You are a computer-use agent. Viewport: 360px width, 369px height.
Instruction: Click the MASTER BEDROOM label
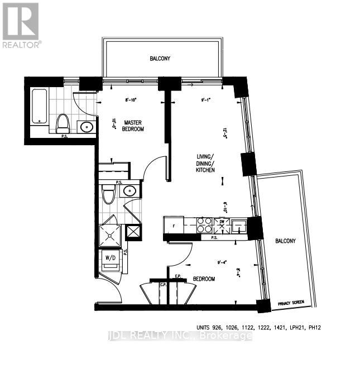[134, 126]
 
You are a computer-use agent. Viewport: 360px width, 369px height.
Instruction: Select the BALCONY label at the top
[160, 59]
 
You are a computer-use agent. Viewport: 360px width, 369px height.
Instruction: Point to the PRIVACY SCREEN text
[290, 303]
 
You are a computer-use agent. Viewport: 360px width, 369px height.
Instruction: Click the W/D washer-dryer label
[110, 258]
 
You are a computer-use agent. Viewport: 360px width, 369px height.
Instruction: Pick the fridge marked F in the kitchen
[174, 226]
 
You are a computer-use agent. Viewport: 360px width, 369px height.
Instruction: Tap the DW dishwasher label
[222, 222]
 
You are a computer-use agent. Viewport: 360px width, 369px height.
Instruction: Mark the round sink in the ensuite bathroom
[87, 127]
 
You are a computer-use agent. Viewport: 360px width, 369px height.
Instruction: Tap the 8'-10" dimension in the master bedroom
[131, 100]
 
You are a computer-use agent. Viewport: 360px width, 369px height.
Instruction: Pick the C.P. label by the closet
[165, 286]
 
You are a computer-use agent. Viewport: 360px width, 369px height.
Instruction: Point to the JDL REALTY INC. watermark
[179, 336]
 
